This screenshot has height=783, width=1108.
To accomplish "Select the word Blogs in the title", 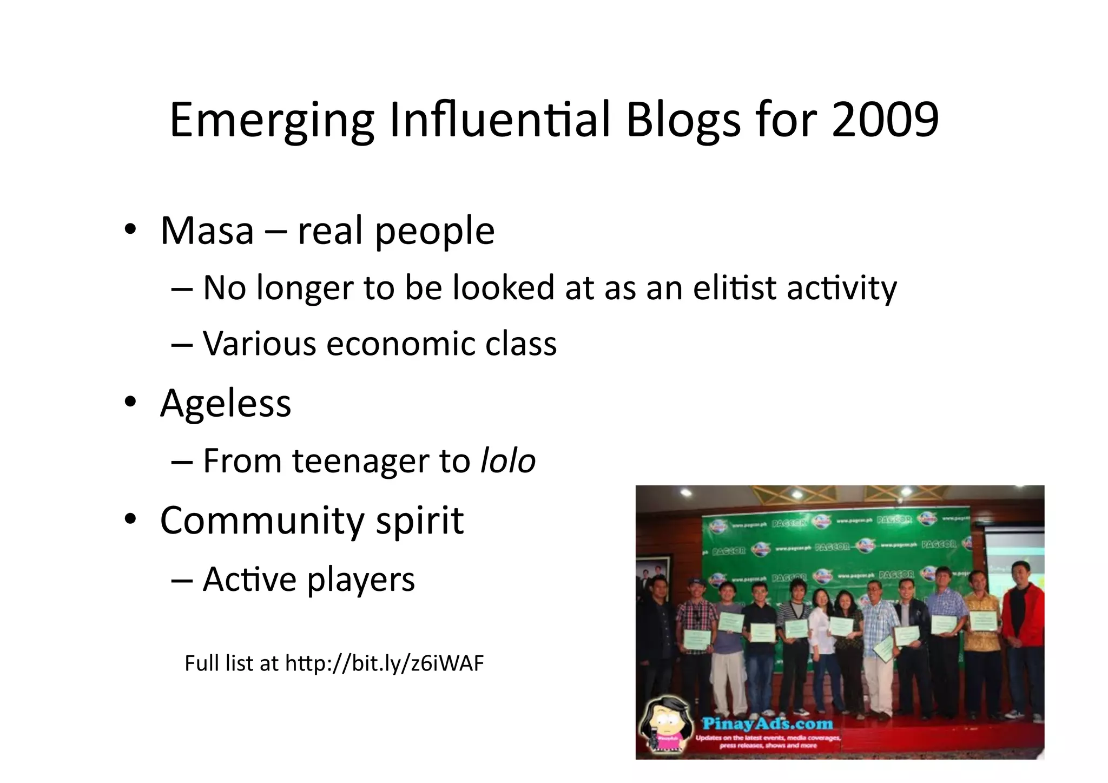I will [x=683, y=120].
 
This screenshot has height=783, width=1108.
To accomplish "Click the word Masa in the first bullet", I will [x=207, y=231].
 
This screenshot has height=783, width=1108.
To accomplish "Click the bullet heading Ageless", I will [x=226, y=403].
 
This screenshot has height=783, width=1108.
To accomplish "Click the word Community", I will [x=262, y=521].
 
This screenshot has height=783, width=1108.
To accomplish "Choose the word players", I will [x=361, y=580].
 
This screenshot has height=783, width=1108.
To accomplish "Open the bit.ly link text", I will [x=384, y=663].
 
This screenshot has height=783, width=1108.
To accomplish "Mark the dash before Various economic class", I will [x=182, y=344].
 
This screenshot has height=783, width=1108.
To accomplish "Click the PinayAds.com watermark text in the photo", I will [x=767, y=723].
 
